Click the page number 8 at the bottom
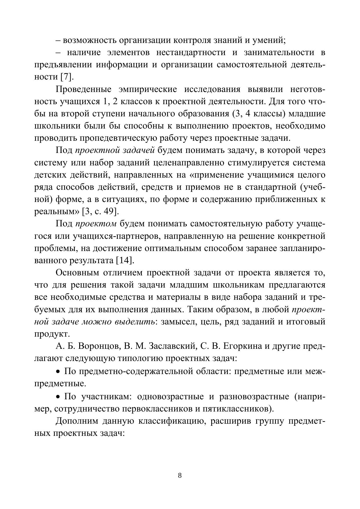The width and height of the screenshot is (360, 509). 180,475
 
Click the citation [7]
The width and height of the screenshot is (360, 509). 67,77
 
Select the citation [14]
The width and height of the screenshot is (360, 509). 125,260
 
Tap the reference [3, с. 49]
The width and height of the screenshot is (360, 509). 101,211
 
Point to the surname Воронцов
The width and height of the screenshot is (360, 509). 99,346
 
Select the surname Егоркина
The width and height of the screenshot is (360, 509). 239,346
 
